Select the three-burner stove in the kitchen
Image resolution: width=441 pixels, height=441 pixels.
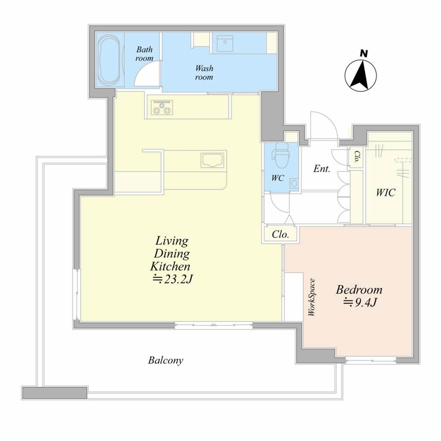coord(162,107)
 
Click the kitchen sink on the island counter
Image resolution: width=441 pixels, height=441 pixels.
coord(213,161)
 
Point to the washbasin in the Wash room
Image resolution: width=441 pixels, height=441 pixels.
coord(225,43)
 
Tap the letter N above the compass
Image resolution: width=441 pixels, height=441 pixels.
coord(364,53)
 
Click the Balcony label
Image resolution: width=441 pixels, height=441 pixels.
coord(166,360)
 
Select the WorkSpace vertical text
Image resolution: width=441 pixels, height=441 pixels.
coord(311,297)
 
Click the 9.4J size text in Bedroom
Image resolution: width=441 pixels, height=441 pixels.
coord(360,302)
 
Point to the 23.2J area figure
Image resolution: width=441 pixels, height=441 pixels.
coord(172,279)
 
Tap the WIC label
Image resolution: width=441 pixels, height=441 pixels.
coord(385,192)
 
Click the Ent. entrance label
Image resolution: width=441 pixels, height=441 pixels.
coord(322,169)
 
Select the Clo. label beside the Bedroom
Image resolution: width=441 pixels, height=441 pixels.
coord(280,234)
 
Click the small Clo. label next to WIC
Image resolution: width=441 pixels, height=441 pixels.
coord(356,157)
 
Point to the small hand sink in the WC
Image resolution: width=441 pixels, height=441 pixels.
coord(294,184)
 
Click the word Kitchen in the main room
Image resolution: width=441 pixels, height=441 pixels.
coord(170,266)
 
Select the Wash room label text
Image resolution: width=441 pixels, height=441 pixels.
coord(204,73)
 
